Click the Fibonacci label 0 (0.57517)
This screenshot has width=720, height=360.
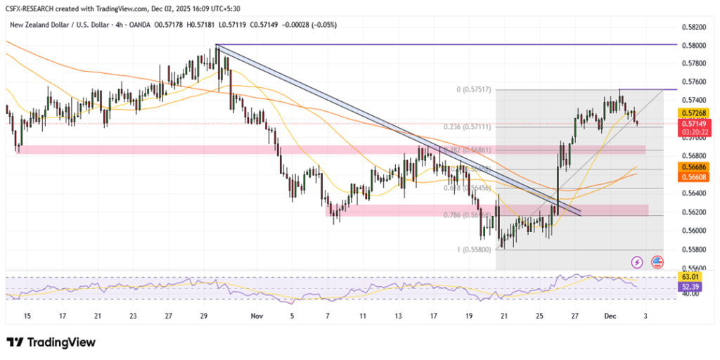tap(473, 90)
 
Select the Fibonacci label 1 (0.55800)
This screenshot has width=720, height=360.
tap(473, 250)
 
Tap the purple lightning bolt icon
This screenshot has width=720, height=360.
tap(637, 262)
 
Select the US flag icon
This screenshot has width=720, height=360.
tap(657, 262)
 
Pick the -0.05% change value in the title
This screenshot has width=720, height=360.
tap(326, 25)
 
